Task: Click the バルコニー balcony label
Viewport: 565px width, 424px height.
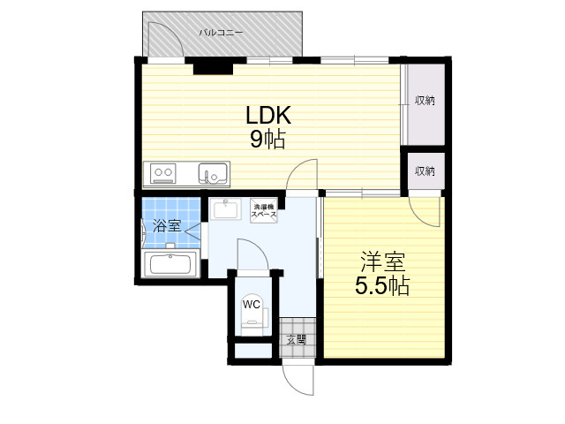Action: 222,33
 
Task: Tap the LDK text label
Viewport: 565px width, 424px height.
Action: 268,116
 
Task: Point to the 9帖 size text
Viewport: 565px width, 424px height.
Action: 267,140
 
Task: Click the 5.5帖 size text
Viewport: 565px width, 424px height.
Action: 382,286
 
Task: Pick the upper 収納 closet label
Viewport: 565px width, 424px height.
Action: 425,101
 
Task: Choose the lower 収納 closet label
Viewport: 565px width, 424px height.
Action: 425,170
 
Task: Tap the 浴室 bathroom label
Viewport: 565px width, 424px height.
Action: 167,226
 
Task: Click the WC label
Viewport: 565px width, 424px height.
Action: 251,305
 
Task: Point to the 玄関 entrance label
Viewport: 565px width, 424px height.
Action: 297,339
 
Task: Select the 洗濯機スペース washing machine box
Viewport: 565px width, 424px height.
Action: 265,211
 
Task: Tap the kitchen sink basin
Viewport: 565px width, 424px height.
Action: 214,173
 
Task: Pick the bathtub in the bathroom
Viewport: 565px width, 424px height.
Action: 170,264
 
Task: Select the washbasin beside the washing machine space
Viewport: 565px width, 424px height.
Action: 226,208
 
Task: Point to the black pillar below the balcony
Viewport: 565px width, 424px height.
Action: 213,69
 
